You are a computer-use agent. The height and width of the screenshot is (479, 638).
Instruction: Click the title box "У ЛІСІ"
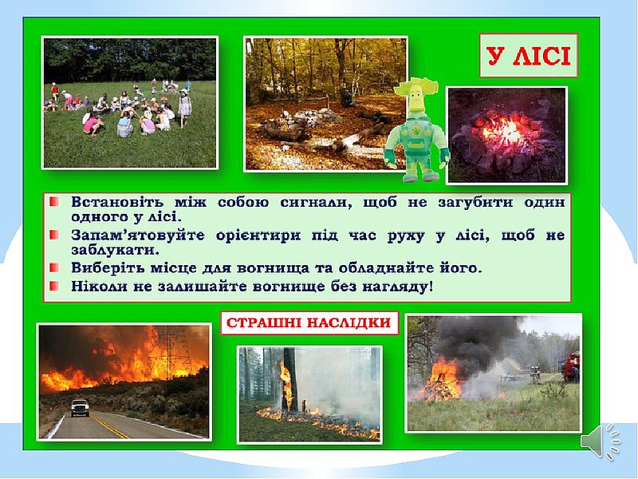point(529,55)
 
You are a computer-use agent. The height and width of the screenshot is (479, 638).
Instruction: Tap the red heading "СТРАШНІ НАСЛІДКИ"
point(309,323)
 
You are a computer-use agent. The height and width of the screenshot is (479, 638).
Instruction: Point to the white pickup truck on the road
point(80,407)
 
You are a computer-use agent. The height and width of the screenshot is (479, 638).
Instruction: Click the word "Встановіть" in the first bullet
point(118,202)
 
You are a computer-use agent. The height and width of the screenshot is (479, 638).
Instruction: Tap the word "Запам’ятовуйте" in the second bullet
point(138,235)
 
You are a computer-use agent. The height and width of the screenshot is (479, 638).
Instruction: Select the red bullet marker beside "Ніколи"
point(54,286)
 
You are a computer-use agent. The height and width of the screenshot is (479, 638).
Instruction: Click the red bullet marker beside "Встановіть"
point(54,202)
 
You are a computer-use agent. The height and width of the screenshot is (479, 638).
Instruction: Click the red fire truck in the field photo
point(571,366)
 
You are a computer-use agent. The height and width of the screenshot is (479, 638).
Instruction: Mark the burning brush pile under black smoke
point(440,381)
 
